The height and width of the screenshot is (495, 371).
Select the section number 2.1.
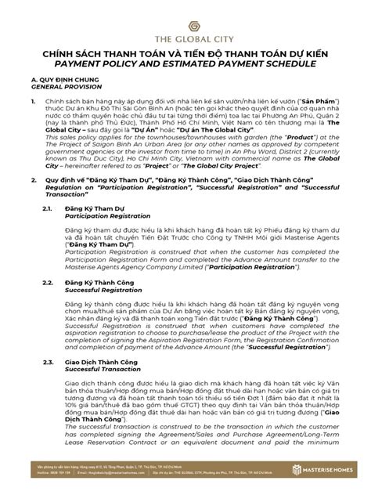click(49, 208)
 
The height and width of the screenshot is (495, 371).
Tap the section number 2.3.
click(49, 362)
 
